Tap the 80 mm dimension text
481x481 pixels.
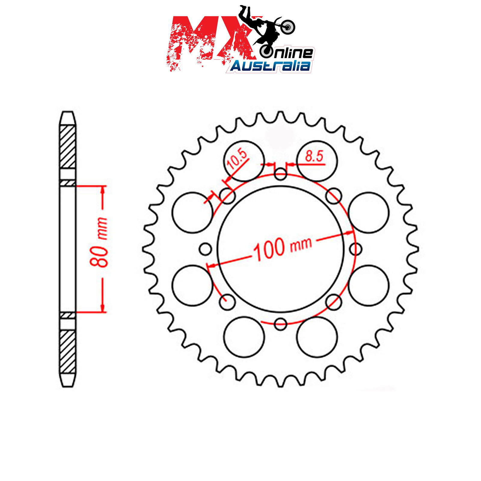point(99,242)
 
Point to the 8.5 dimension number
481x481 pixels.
point(314,156)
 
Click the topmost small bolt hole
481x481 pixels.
point(281,174)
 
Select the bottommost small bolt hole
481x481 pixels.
point(281,323)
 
